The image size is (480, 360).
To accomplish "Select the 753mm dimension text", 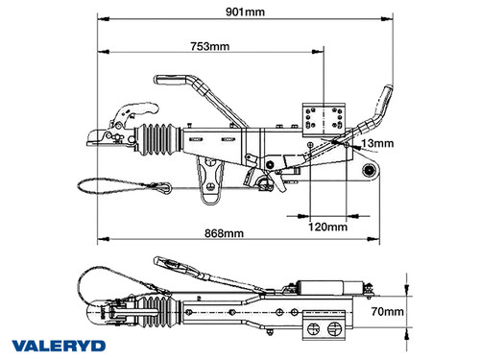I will click(209, 45).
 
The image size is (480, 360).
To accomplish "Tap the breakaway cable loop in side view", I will click(107, 184).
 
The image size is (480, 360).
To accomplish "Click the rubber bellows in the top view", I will click(151, 308).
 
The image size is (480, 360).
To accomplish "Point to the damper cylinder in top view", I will click(327, 287).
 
